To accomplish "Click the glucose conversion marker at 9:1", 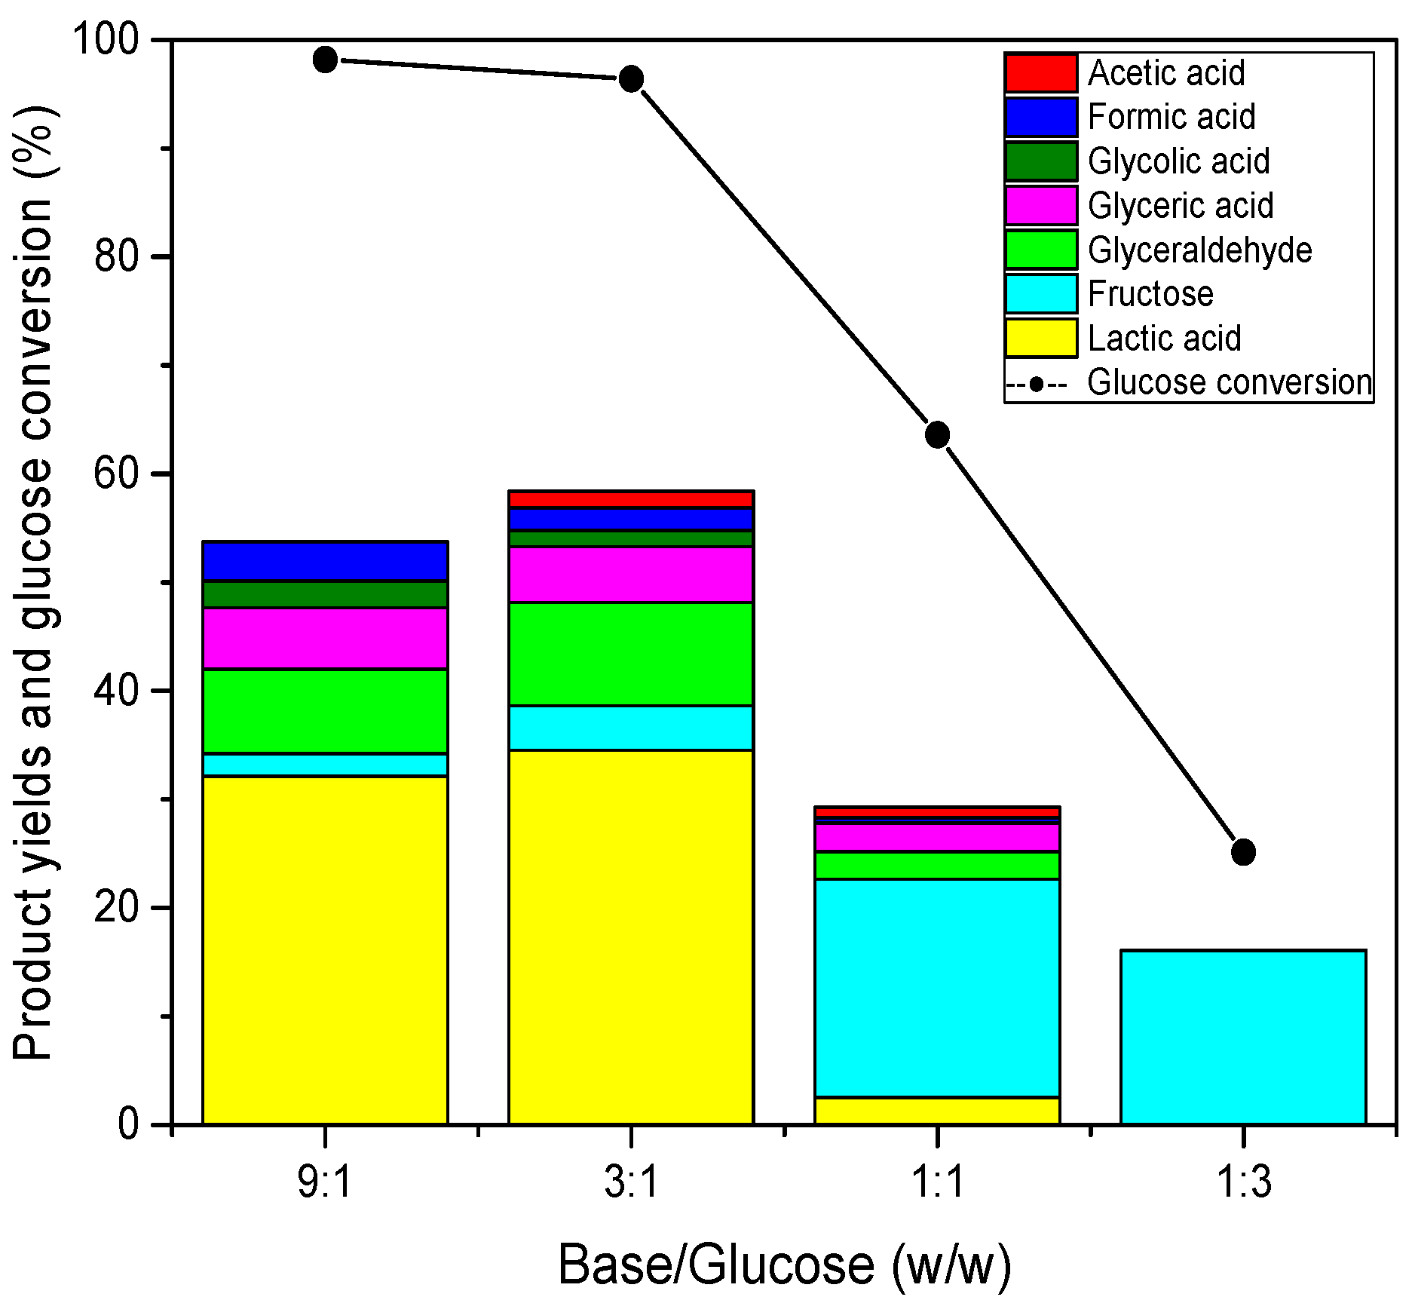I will coord(325,60).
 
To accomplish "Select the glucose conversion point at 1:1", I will coord(937,434).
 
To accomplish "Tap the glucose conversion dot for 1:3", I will coord(1243,852).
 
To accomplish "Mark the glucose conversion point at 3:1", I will coord(631,78).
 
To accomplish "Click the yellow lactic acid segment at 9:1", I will coord(325,950).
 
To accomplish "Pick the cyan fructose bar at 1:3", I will coord(1243,1037).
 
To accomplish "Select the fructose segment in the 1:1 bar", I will coord(937,988).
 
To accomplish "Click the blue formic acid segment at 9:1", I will coord(325,561).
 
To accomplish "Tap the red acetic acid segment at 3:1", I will coord(631,499).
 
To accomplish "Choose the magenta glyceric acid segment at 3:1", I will coord(631,575).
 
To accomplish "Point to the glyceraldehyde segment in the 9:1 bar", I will coord(325,711).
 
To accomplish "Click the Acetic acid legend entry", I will coord(1165,73).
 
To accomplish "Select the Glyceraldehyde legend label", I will coord(1199,250).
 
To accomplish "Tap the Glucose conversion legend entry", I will coord(1229,382).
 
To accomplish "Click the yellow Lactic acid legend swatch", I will coord(1041,338).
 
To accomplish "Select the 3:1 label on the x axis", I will coord(631,1182).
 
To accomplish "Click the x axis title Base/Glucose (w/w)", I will coord(784,1265).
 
